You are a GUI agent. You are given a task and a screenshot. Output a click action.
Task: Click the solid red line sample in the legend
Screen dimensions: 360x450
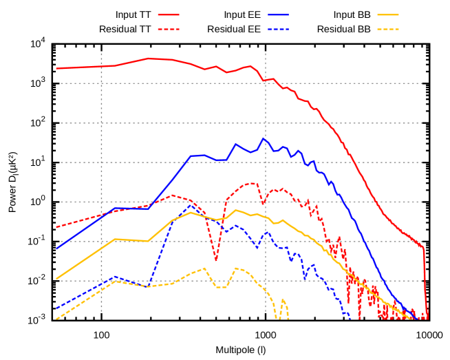coord(169,14)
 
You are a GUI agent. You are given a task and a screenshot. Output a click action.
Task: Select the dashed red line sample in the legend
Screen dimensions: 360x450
coord(169,30)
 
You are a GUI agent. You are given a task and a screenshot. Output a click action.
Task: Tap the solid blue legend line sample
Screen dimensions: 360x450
coord(279,14)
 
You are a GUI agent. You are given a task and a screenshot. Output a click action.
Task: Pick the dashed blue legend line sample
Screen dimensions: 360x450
coord(279,30)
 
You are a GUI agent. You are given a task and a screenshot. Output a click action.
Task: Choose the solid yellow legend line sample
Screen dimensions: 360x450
coord(388,14)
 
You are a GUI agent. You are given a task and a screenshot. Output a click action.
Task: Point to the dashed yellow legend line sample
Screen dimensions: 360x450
coord(388,30)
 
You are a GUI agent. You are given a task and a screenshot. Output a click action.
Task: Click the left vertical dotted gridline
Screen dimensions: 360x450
coord(102,172)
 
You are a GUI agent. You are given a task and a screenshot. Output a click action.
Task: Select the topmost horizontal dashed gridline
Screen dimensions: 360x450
coord(241,83)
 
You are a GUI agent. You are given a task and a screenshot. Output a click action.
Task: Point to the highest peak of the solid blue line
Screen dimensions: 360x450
coord(263,138)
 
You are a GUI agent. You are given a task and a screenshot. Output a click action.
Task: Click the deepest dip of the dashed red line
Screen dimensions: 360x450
coord(216,260)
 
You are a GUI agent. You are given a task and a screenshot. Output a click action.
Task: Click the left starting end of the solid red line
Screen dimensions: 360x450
coord(57,68)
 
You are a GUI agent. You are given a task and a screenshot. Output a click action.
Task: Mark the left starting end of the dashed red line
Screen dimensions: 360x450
coord(57,226)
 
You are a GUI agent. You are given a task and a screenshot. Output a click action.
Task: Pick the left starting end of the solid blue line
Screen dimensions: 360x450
coord(57,248)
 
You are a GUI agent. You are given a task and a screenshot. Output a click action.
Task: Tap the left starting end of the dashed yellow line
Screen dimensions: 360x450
coord(57,318)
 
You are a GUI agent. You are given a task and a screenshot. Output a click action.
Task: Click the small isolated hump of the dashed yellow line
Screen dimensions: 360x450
coord(283,301)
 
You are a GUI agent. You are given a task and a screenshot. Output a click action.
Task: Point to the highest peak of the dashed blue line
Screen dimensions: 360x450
coord(191,205)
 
